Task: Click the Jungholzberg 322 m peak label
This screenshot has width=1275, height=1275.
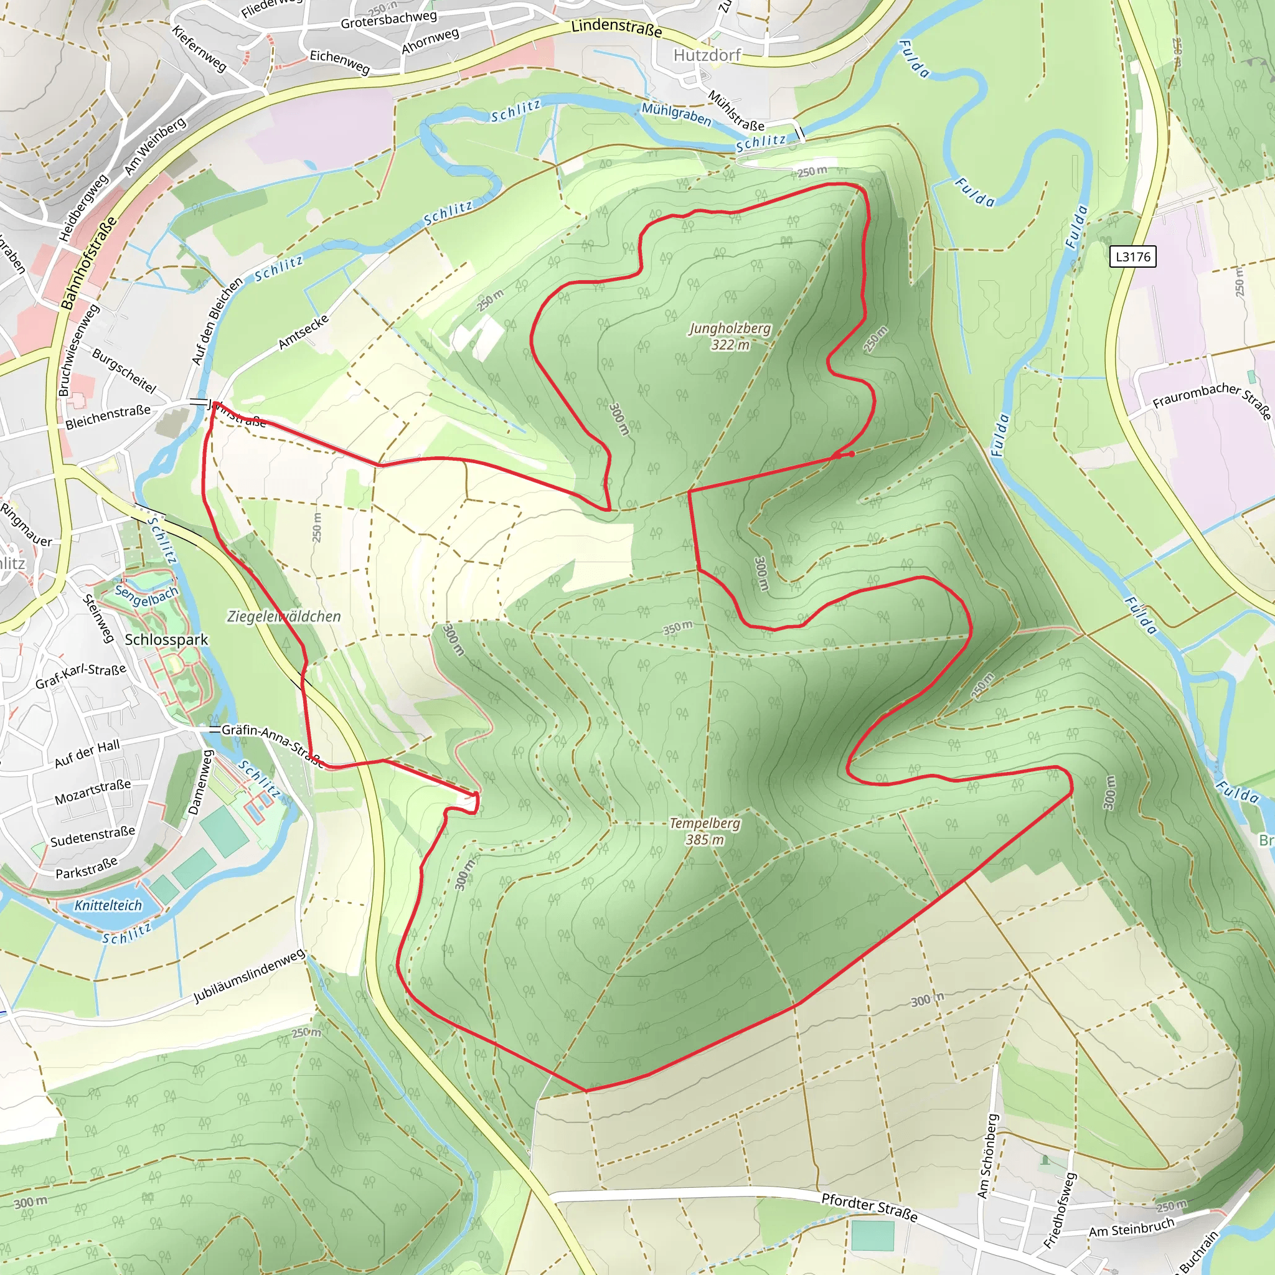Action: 730,336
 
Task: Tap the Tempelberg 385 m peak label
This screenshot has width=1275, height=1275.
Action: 704,831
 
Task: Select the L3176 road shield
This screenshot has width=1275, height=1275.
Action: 1132,256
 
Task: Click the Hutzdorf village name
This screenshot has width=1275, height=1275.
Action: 707,55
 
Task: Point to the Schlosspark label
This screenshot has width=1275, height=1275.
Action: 166,639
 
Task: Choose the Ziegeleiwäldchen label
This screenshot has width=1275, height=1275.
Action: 284,616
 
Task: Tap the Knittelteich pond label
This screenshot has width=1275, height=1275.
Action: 108,905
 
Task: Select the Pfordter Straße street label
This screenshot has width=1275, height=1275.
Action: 869,1207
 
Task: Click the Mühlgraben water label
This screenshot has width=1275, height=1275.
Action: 677,114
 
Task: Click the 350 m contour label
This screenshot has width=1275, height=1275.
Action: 678,628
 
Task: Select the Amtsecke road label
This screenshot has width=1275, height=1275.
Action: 303,332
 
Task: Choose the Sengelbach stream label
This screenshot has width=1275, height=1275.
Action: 146,595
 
